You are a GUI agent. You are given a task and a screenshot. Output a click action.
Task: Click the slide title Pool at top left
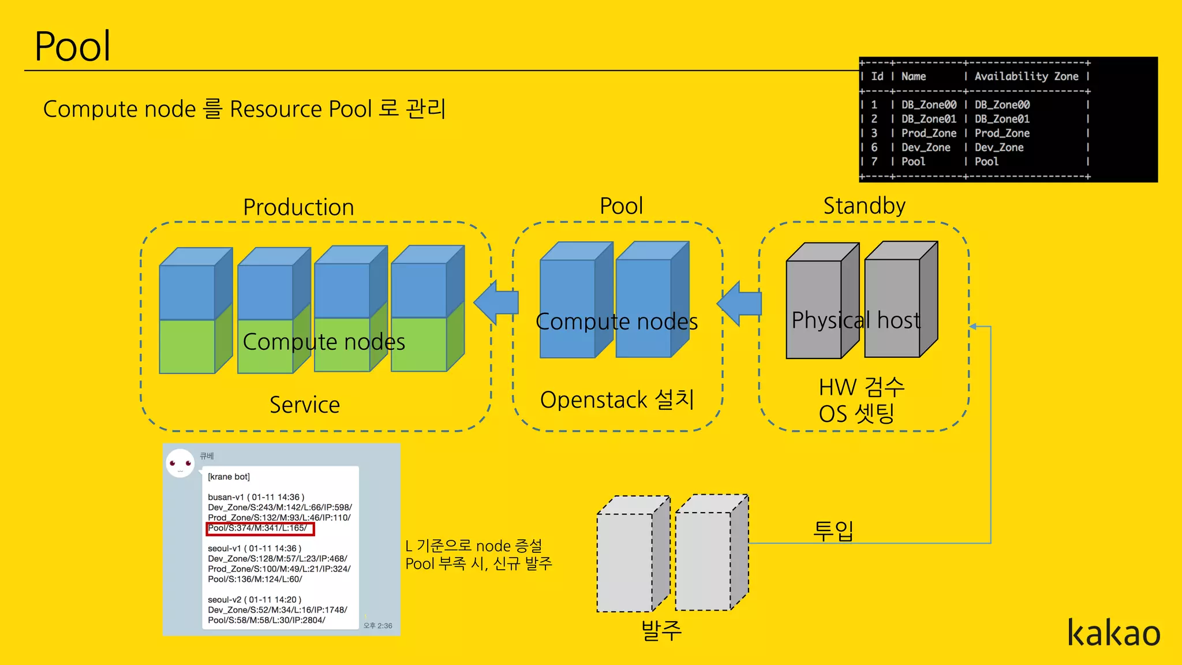click(x=73, y=46)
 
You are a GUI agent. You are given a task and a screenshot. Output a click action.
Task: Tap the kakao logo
click(x=1113, y=633)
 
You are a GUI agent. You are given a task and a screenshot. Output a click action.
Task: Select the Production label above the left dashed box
click(x=298, y=207)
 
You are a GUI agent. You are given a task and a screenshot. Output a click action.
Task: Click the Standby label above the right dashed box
click(x=864, y=206)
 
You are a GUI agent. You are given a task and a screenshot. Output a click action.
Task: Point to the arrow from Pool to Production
click(x=496, y=302)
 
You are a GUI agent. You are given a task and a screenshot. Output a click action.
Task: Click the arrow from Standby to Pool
click(x=739, y=303)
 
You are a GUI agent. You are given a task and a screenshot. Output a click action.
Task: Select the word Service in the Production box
click(x=305, y=405)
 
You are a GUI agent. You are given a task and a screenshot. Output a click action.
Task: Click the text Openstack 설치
click(x=617, y=399)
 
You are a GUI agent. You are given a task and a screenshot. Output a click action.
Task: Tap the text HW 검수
click(x=861, y=387)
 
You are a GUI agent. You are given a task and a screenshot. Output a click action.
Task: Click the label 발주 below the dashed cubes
click(x=661, y=630)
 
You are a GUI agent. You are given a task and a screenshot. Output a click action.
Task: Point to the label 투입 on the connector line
click(x=833, y=530)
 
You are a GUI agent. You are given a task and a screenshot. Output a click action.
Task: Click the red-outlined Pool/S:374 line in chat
click(x=260, y=528)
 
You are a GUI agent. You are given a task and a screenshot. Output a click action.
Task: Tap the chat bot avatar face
click(x=180, y=464)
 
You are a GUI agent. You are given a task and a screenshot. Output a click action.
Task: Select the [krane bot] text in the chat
click(x=229, y=477)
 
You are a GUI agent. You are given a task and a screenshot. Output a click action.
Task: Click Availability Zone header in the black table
click(x=1026, y=76)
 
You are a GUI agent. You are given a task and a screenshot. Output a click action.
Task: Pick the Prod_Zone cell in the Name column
click(x=928, y=133)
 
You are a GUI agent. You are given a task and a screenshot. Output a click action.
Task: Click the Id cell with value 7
click(x=874, y=162)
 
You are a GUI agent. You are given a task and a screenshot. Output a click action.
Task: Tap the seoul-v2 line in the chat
click(x=255, y=600)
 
